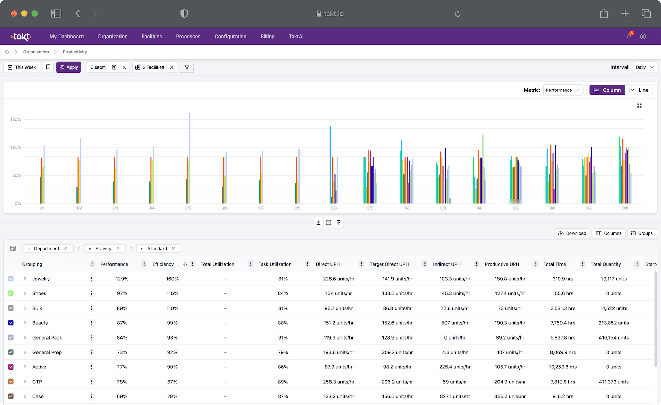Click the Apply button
click(69, 67)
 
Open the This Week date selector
click(22, 67)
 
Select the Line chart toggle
click(639, 90)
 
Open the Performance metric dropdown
click(563, 90)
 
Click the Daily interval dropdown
click(644, 67)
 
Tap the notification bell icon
click(629, 37)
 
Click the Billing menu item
click(267, 37)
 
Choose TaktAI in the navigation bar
click(296, 37)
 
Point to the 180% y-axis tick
click(15, 119)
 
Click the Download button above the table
click(572, 233)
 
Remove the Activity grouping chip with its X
click(118, 248)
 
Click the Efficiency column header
click(163, 264)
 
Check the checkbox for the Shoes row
click(11, 293)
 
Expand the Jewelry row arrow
click(25, 279)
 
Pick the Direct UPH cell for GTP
click(338, 382)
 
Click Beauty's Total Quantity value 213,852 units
click(613, 323)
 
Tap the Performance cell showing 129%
click(122, 279)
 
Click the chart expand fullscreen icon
click(639, 106)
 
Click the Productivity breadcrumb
click(75, 52)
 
